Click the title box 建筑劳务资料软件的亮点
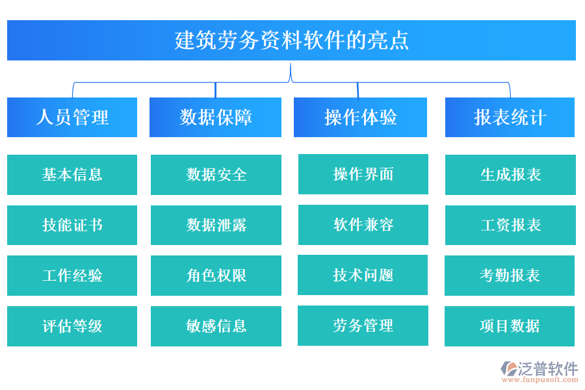pyautogui.click(x=291, y=40)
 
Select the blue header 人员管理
pyautogui.click(x=72, y=117)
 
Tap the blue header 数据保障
pyautogui.click(x=215, y=117)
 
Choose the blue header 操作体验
pyautogui.click(x=360, y=117)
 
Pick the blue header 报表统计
pyautogui.click(x=510, y=117)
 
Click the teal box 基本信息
pyautogui.click(x=72, y=174)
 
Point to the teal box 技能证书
pyautogui.click(x=72, y=225)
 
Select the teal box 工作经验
pyautogui.click(x=72, y=276)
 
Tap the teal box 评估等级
pyautogui.click(x=72, y=326)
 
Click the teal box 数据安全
pyautogui.click(x=216, y=174)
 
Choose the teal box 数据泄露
pyautogui.click(x=216, y=225)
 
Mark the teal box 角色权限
pyautogui.click(x=216, y=276)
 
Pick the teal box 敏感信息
pyautogui.click(x=216, y=326)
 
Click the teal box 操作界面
pyautogui.click(x=363, y=174)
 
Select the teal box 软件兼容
pyautogui.click(x=363, y=224)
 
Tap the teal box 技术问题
pyautogui.click(x=363, y=275)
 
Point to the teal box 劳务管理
pyautogui.click(x=363, y=325)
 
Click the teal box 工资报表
pyautogui.click(x=510, y=225)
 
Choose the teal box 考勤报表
pyautogui.click(x=510, y=276)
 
